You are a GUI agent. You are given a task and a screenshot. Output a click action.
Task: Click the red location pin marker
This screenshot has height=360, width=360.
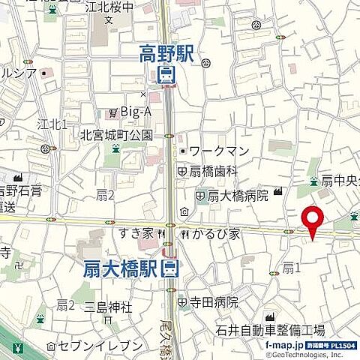tap(311, 220)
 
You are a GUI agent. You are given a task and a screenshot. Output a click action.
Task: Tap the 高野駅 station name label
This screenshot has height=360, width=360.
tap(166, 53)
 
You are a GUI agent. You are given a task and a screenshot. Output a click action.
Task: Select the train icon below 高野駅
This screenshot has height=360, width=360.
tap(166, 74)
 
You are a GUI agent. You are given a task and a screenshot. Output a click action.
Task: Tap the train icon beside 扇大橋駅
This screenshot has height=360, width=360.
tap(172, 268)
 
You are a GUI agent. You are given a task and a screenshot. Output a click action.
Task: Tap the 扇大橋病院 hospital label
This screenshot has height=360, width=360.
tap(238, 196)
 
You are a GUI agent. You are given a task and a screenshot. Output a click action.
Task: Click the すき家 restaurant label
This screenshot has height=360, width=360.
tap(135, 234)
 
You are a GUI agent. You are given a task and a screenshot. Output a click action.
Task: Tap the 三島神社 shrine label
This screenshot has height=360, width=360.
tap(108, 307)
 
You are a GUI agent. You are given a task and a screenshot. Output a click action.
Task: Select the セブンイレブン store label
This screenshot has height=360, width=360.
tap(99, 346)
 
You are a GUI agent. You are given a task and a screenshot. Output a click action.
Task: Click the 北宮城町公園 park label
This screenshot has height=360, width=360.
tap(116, 136)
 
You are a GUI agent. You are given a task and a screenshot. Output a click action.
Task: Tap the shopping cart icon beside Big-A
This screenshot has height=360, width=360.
tap(112, 112)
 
